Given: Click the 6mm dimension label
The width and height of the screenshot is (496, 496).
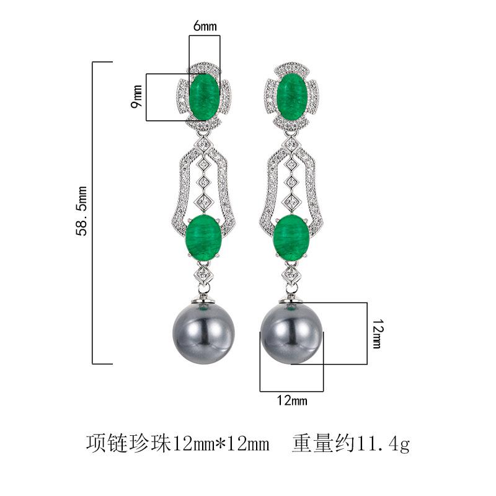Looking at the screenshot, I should [204, 26].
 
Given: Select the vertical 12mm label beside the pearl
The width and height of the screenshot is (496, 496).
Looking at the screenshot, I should [378, 333].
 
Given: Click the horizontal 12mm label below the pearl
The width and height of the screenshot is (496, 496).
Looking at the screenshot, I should [291, 401].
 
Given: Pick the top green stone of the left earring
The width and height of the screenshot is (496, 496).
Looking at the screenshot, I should [205, 96].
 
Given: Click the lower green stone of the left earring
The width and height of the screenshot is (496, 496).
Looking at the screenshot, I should [205, 236].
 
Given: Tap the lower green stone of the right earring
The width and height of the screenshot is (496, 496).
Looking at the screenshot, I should [291, 236].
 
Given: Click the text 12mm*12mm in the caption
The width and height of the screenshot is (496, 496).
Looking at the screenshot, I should [221, 444].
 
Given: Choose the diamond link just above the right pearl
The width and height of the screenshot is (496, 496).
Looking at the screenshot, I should [291, 275].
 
